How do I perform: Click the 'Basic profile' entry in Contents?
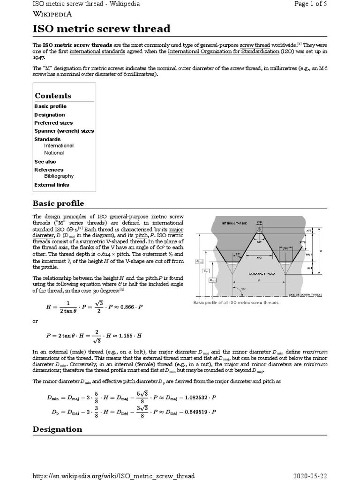pyautogui.click(x=50, y=106)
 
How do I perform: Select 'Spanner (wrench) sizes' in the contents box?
pyautogui.click(x=64, y=131)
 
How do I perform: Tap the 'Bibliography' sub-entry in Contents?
pyautogui.click(x=59, y=176)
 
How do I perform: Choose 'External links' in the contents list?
pyautogui.click(x=52, y=185)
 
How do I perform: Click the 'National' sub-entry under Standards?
pyautogui.click(x=54, y=152)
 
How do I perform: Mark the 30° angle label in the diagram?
pyautogui.click(x=238, y=254)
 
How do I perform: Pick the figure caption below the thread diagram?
pyautogui.click(x=236, y=303)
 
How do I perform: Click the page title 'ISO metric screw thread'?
pyautogui.click(x=101, y=29)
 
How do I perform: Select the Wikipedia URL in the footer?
pyautogui.click(x=113, y=476)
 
